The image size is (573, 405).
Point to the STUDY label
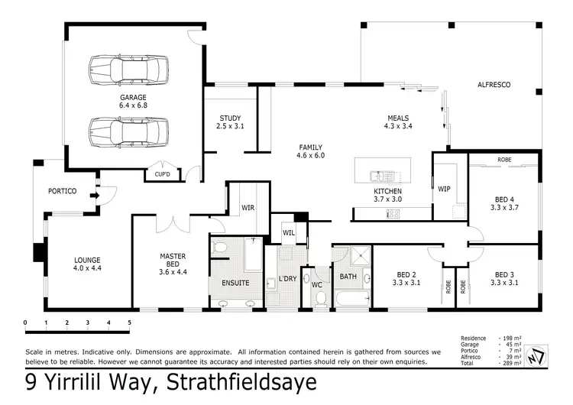(231, 118)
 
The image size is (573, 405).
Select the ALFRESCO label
(494, 84)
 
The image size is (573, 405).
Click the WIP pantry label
(444, 189)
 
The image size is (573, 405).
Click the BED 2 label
(406, 274)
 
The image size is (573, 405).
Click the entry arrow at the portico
(94, 196)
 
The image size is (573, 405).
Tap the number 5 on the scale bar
(129, 322)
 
